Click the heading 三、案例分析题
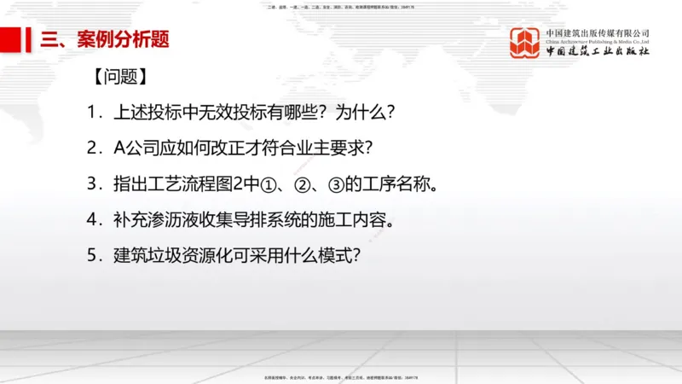tap(106, 39)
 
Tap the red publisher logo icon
tap(525, 43)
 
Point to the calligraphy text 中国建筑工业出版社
tap(598, 51)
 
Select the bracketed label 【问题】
tap(120, 77)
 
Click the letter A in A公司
tap(119, 148)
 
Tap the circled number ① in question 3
tap(256, 184)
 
